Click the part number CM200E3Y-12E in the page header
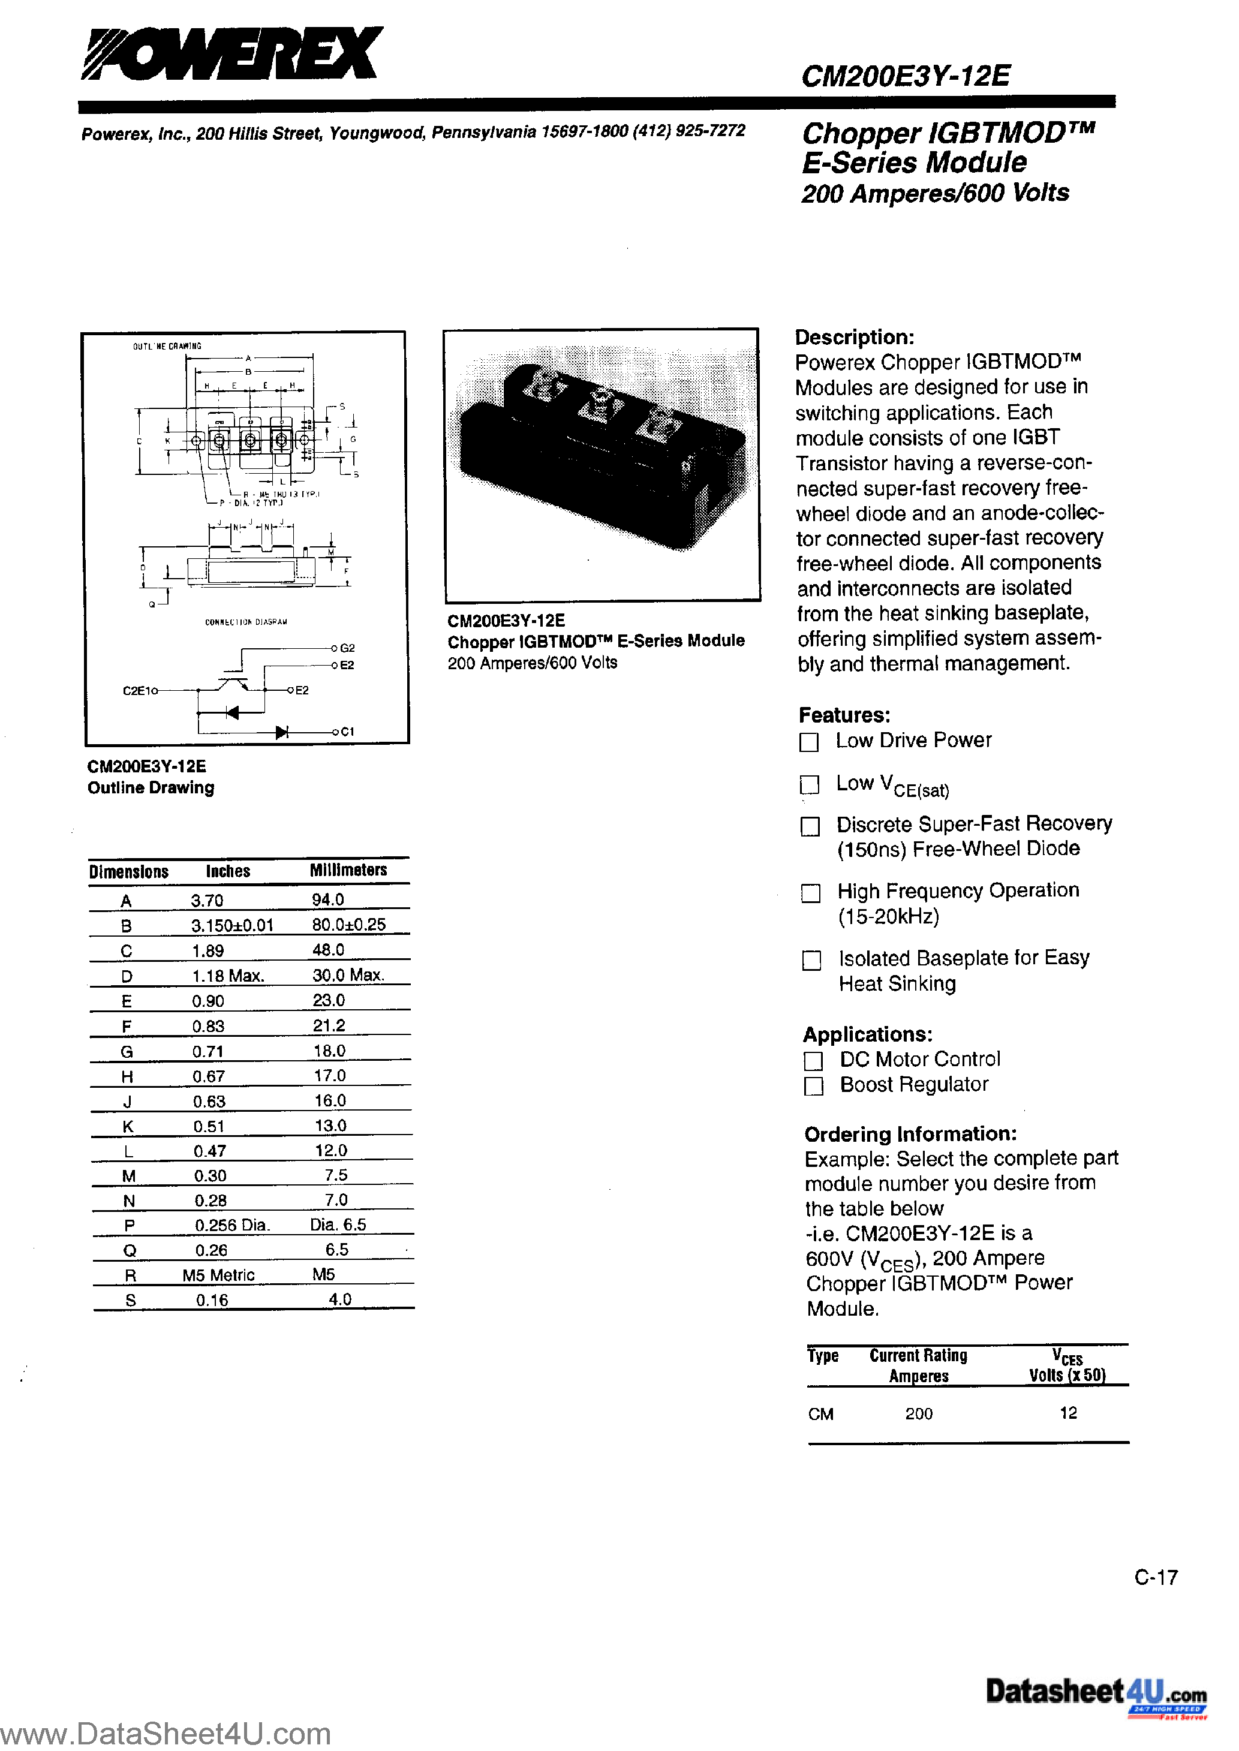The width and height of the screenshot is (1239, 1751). pyautogui.click(x=906, y=76)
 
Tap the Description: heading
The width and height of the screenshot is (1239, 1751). pyautogui.click(x=854, y=337)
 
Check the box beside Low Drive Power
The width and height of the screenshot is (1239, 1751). pyautogui.click(x=808, y=742)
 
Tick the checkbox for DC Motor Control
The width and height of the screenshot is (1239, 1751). pyautogui.click(x=813, y=1061)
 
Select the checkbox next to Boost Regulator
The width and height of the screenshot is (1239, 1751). pyautogui.click(x=814, y=1086)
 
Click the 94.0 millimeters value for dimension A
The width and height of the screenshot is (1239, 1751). pyautogui.click(x=328, y=900)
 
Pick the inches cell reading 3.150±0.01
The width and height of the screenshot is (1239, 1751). pyautogui.click(x=232, y=925)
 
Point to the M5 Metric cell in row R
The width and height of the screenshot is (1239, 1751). pyautogui.click(x=218, y=1275)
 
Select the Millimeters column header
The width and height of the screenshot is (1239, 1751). pyautogui.click(x=348, y=870)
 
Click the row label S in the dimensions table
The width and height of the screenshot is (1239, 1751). pyautogui.click(x=131, y=1300)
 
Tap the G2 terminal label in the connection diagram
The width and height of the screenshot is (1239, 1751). pyautogui.click(x=347, y=648)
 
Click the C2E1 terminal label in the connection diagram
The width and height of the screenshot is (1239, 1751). pyautogui.click(x=137, y=691)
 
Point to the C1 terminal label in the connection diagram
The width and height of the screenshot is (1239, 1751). pyautogui.click(x=347, y=732)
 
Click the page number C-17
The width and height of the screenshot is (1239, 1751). pyautogui.click(x=1156, y=1577)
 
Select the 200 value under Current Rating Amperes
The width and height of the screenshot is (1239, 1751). pyautogui.click(x=919, y=1414)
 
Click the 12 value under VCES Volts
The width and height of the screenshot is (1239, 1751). pyautogui.click(x=1068, y=1413)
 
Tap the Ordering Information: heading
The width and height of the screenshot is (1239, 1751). pyautogui.click(x=910, y=1134)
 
